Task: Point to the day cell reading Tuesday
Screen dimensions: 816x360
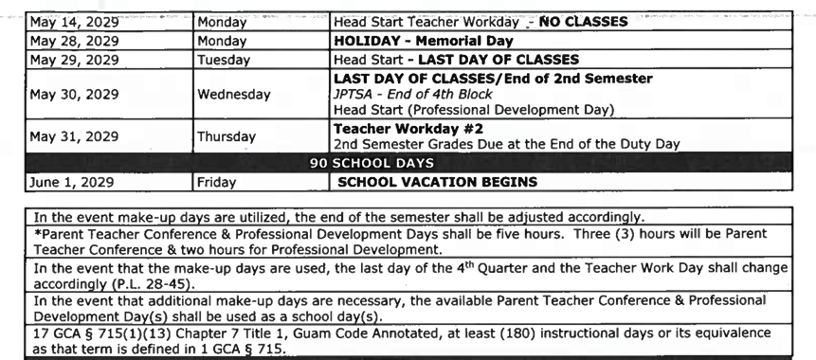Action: [x=224, y=60]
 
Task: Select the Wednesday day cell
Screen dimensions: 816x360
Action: [x=233, y=95]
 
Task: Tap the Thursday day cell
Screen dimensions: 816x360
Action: [x=227, y=136]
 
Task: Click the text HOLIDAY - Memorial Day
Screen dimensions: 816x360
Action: [x=424, y=42]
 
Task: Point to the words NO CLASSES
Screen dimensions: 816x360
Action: [x=582, y=23]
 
